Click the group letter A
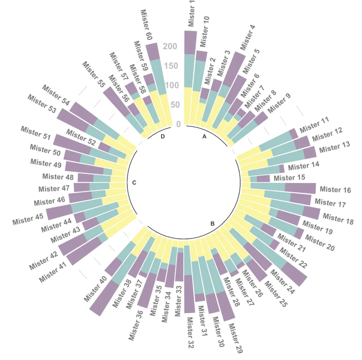tap(204, 136)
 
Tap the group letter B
tap(212, 224)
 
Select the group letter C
tap(134, 183)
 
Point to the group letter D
tap(163, 136)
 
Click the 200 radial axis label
tap(170, 46)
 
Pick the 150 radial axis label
tap(171, 66)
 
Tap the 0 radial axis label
tap(178, 124)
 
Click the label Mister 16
tap(335, 190)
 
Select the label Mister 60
tap(146, 25)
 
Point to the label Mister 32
tap(190, 333)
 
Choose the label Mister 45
tap(28, 219)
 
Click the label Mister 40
tap(95, 289)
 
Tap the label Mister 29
tap(235, 338)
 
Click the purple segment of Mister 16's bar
tap(300, 188)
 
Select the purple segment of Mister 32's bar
tap(189, 293)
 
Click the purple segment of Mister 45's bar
tap(59, 212)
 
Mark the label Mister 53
tap(42, 104)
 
